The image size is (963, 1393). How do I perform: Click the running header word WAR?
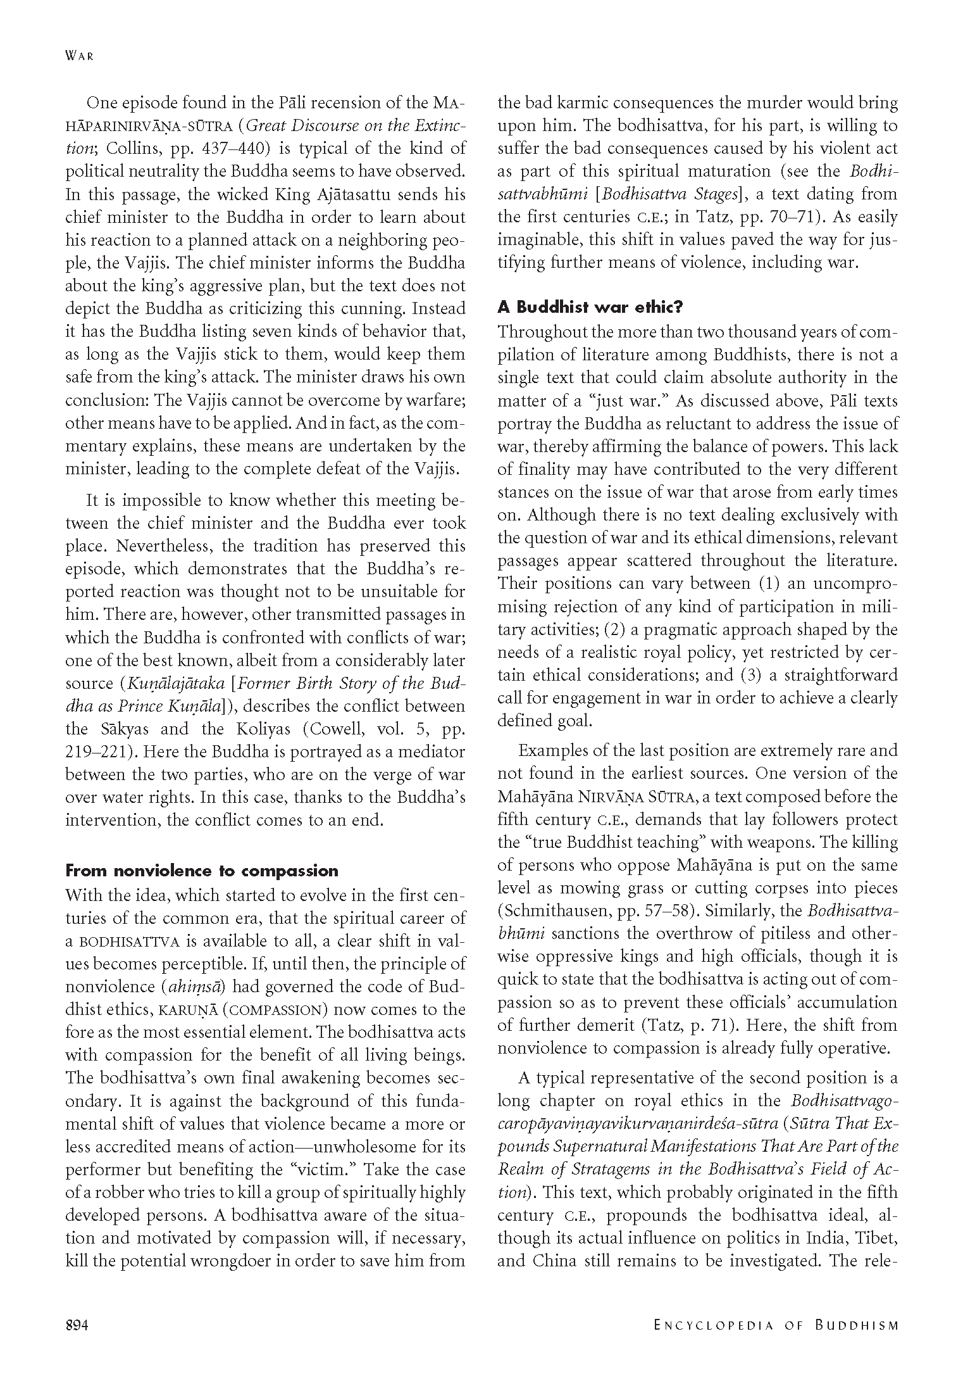pyautogui.click(x=79, y=56)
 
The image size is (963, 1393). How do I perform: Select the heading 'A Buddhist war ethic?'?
pyautogui.click(x=590, y=308)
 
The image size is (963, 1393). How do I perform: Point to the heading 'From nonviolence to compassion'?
pyautogui.click(x=202, y=871)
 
